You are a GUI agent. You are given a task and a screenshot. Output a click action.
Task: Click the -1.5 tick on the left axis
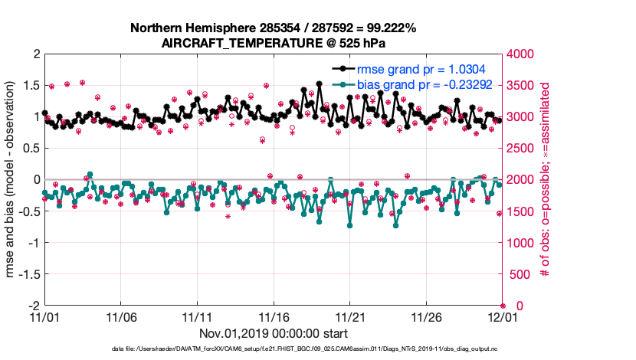[x=28, y=273]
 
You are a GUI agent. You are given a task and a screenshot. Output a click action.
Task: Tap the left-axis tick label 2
[x=35, y=54]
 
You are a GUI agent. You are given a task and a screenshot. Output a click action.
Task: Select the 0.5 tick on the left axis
[x=31, y=149]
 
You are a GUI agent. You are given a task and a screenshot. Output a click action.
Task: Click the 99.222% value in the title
[x=388, y=28]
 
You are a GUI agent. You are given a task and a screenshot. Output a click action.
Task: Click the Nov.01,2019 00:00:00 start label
[x=274, y=334]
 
